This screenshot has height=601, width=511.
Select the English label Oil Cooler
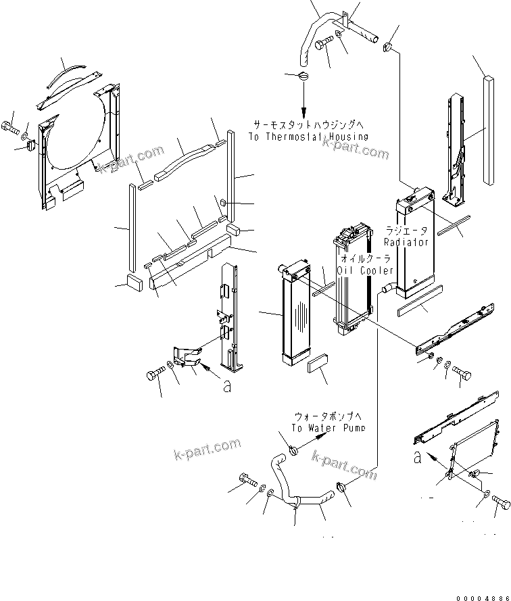tap(367, 270)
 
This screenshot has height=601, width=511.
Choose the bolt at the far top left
tap(11, 126)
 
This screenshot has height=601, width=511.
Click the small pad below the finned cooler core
tap(317, 366)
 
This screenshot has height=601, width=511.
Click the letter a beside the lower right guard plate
tap(418, 457)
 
